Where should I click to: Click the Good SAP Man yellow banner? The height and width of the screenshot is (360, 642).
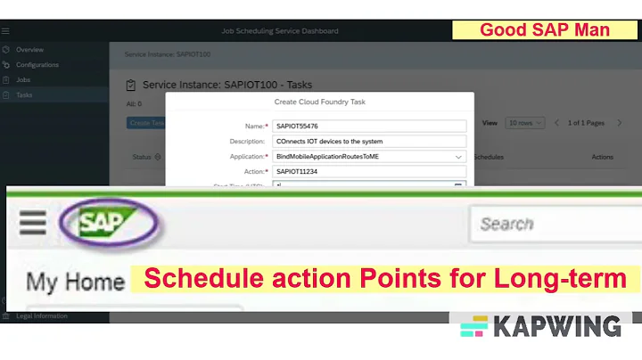point(545,30)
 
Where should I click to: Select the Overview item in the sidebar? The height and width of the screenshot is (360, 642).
point(29,50)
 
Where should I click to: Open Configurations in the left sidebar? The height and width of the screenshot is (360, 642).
point(37,65)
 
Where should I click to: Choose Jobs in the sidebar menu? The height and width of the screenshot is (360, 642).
point(23,79)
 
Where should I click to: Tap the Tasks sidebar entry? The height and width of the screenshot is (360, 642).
point(24,94)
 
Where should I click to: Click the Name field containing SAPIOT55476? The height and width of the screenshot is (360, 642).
point(369,127)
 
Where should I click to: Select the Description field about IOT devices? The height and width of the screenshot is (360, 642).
point(369,141)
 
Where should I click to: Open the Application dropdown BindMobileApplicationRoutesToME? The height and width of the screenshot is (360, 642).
point(369,156)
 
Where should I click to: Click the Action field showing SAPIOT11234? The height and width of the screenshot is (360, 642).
point(369,171)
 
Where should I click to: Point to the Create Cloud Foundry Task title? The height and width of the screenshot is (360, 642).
point(319,102)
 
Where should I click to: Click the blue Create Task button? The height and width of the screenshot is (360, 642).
point(146,123)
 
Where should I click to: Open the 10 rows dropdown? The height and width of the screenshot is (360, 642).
point(524,123)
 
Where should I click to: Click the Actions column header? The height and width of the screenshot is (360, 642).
point(602,157)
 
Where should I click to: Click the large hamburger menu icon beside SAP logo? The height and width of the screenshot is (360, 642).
point(33,223)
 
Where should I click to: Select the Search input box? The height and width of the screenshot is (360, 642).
point(553,224)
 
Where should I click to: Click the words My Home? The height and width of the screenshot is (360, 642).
point(75,282)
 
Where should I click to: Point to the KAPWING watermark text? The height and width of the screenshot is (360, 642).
point(558,326)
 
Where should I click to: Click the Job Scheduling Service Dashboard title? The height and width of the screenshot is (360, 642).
point(280,31)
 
